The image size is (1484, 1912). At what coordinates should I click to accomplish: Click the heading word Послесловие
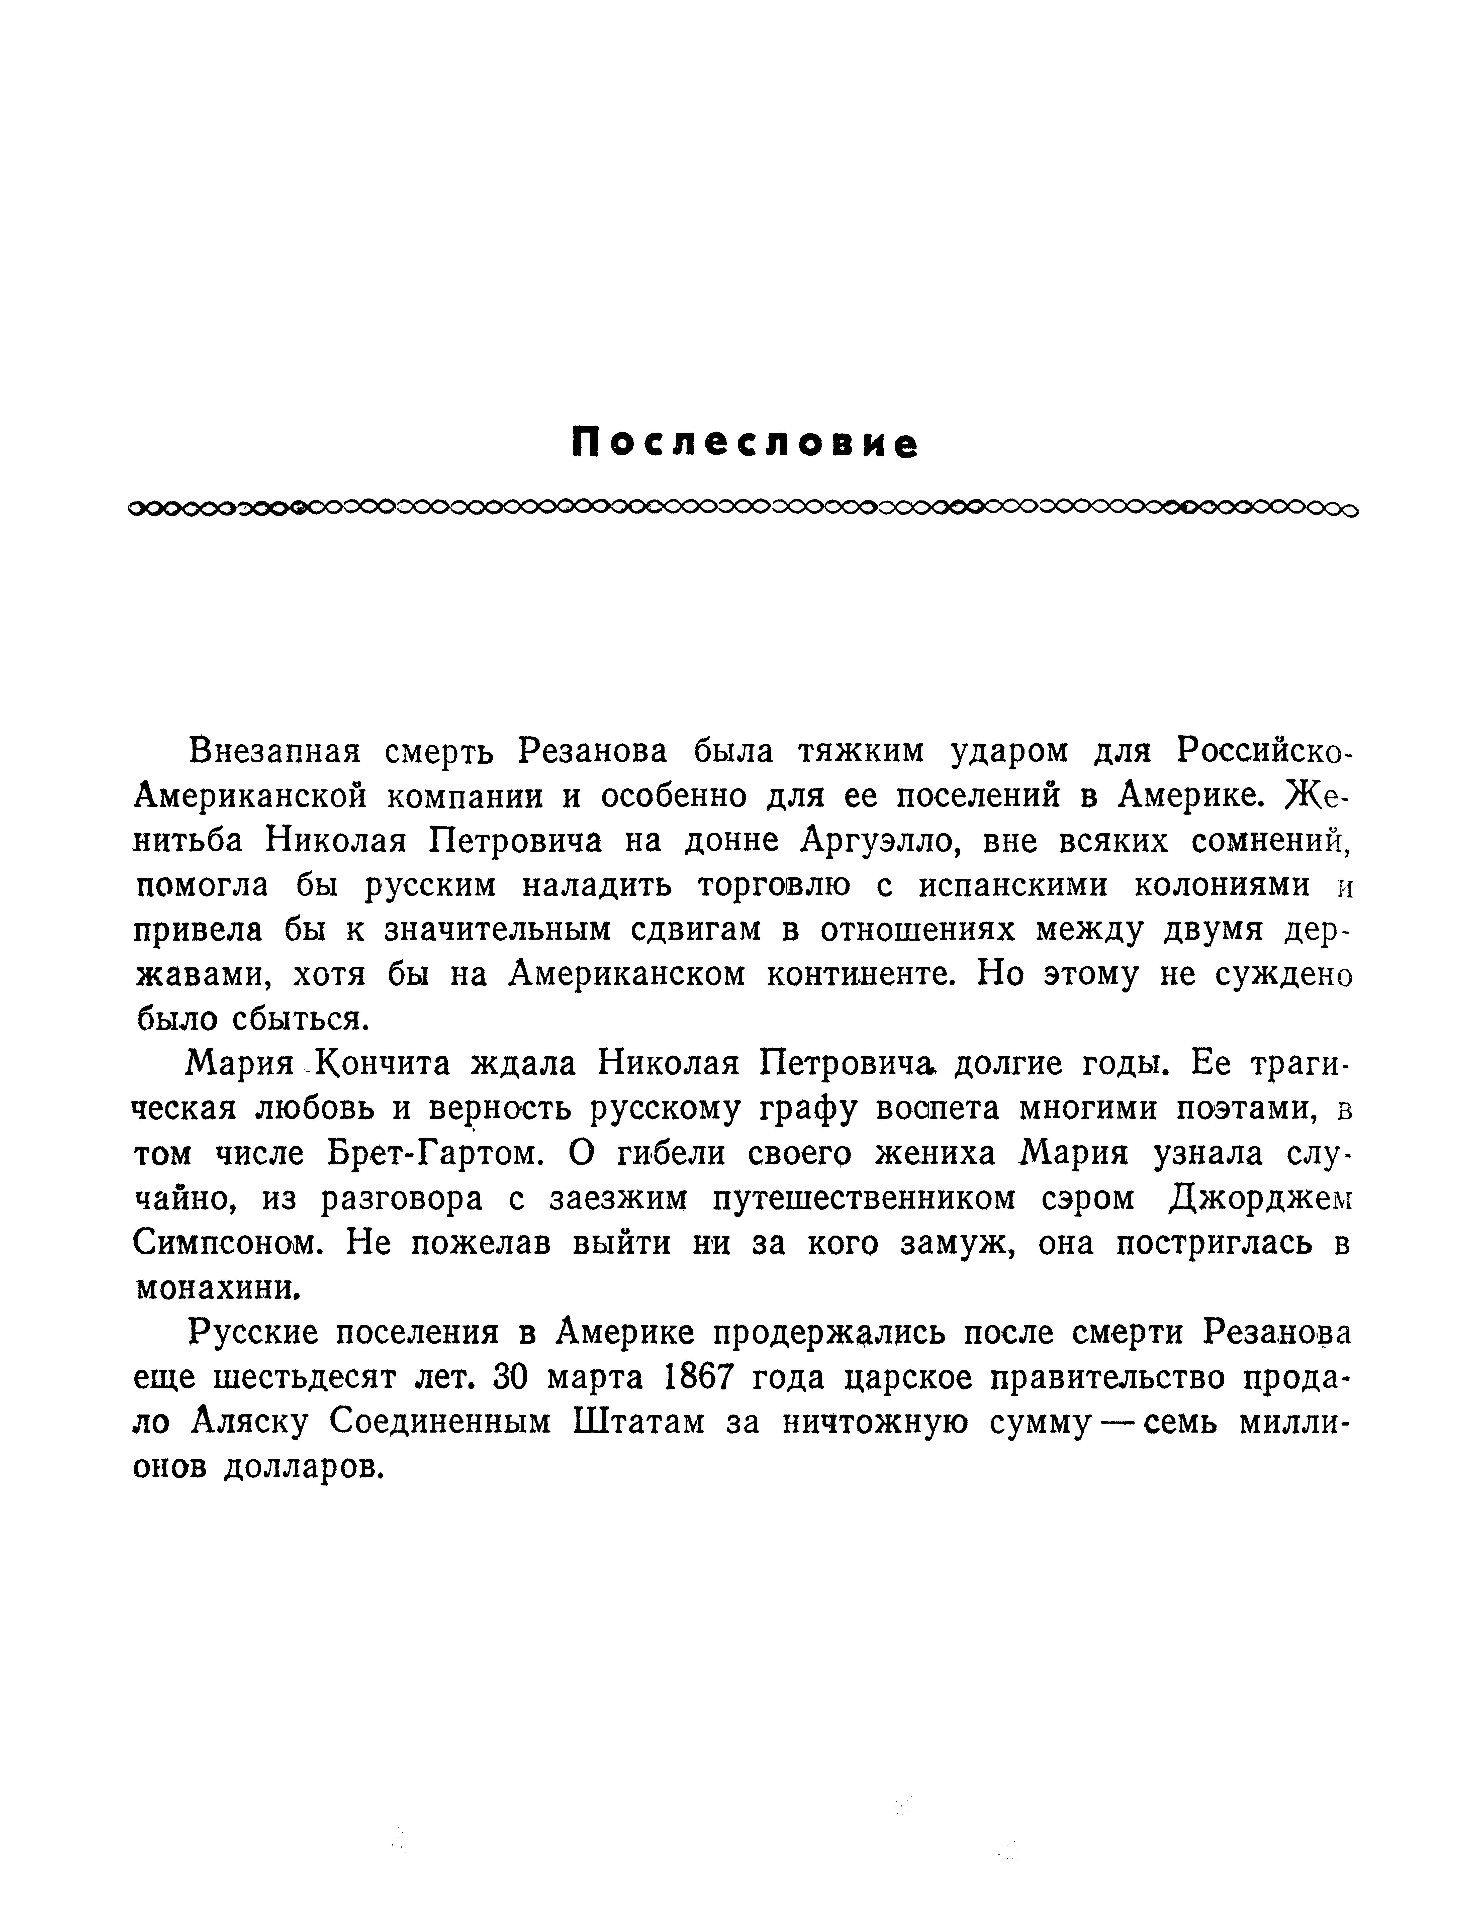coord(744,444)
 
